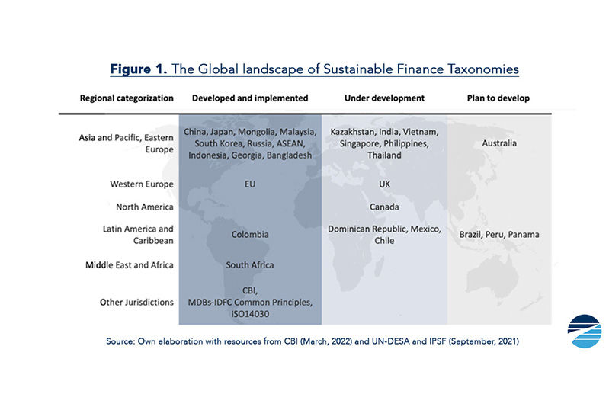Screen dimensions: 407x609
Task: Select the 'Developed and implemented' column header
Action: (249, 98)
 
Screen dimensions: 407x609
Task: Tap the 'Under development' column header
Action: (384, 98)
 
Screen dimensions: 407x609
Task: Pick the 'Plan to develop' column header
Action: (498, 98)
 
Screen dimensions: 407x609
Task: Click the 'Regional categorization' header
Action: (127, 98)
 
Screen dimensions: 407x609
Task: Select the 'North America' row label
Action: (145, 207)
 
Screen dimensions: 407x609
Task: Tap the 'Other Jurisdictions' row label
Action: (136, 302)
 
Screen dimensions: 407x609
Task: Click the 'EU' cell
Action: (249, 184)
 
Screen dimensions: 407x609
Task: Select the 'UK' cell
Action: (384, 184)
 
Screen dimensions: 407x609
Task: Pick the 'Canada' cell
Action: (384, 207)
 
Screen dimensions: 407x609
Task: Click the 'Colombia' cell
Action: (249, 234)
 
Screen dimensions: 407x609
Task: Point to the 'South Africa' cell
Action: (249, 264)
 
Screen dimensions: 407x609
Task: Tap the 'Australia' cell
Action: (499, 143)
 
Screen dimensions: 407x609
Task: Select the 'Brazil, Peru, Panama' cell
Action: (499, 234)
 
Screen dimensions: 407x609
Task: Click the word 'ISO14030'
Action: (249, 312)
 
